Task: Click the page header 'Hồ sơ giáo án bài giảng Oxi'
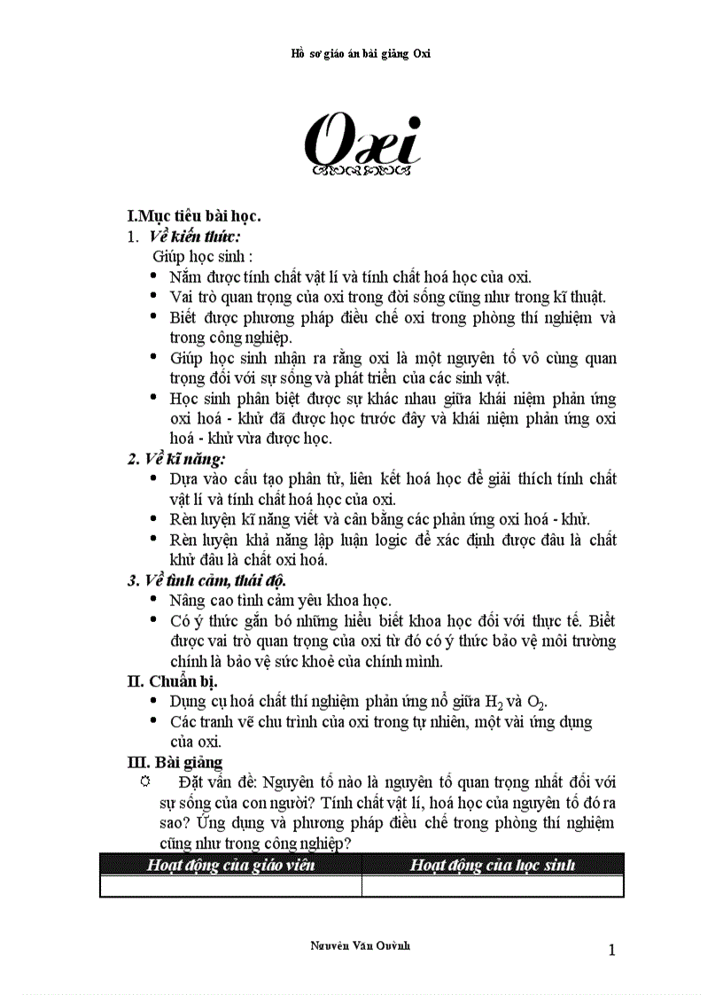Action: click(361, 53)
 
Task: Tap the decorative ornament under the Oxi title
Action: click(361, 167)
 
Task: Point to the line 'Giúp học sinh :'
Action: click(203, 256)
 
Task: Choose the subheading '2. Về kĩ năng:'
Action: click(175, 459)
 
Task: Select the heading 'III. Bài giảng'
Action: click(175, 761)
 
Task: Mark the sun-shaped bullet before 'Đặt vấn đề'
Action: click(146, 781)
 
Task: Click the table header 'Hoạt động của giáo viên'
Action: click(230, 864)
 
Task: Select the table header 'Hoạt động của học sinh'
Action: click(493, 864)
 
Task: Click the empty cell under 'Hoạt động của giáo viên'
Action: click(230, 885)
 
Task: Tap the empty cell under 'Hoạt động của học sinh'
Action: click(493, 885)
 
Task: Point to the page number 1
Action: click(611, 951)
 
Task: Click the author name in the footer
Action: click(361, 945)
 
